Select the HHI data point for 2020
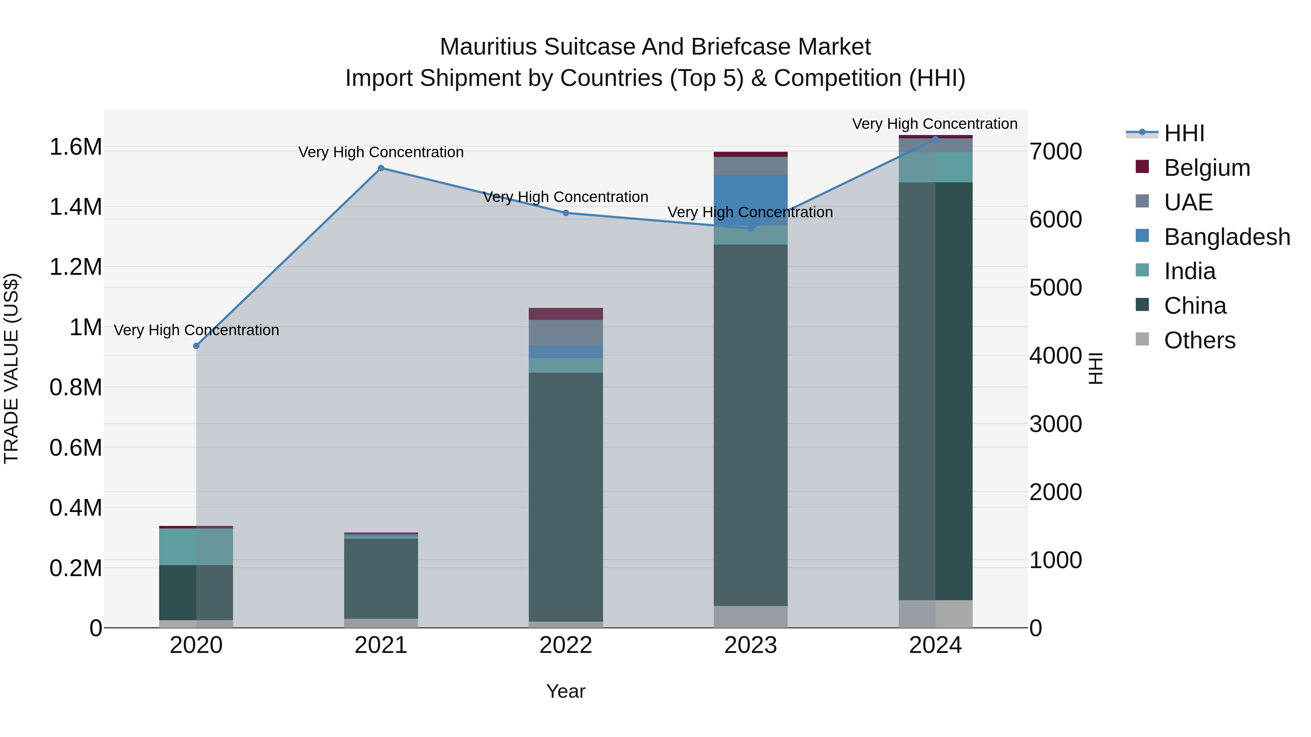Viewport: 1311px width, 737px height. point(196,346)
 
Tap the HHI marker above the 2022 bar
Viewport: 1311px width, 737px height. point(566,213)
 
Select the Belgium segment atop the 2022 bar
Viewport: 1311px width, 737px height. point(566,314)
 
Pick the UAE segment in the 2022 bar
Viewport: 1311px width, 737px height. point(566,333)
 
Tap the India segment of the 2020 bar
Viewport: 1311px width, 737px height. point(196,547)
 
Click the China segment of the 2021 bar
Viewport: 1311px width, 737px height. point(381,578)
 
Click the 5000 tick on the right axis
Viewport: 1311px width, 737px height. point(1055,288)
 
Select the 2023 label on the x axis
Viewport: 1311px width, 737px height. point(750,645)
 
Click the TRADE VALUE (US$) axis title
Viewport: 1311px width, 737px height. point(11,368)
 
